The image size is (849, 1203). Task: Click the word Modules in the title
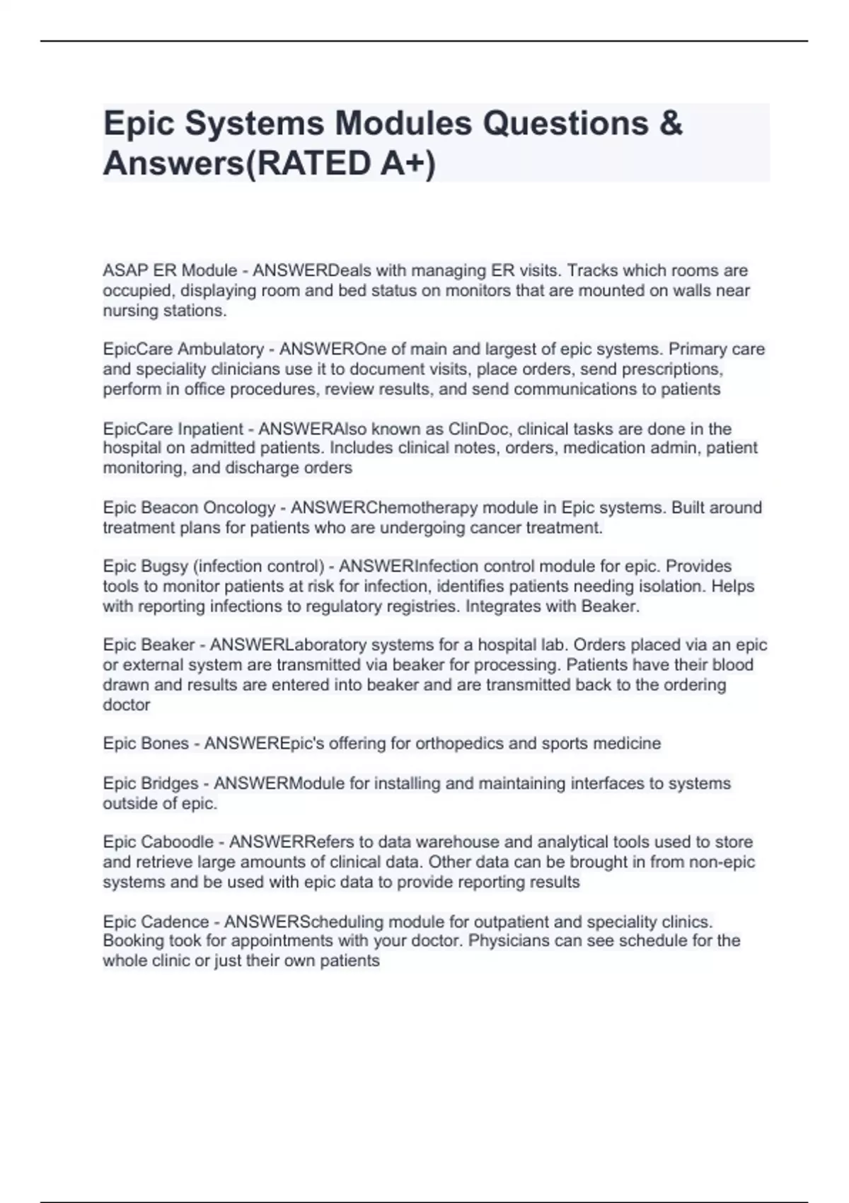(x=403, y=123)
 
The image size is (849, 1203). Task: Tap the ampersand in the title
(x=670, y=123)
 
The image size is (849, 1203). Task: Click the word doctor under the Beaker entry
(x=127, y=705)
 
